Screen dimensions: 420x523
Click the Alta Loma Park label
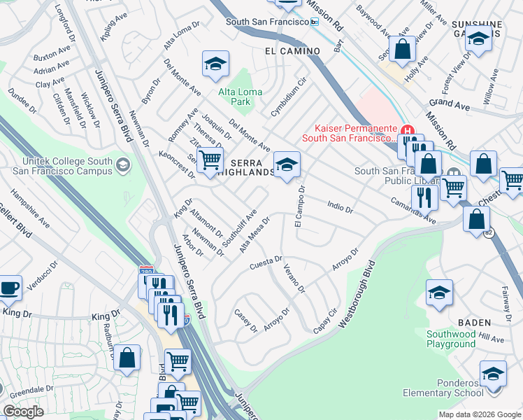coord(240,97)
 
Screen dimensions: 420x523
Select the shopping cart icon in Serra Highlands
coord(210,161)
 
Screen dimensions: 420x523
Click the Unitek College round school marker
coord(123,165)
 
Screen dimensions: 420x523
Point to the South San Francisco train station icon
coord(315,22)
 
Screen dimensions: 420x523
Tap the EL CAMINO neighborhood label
coord(292,51)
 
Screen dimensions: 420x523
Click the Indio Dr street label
coord(340,205)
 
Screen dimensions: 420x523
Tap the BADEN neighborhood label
coord(474,322)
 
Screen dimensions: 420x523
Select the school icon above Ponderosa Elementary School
coord(493,373)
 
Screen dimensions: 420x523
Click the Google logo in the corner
coord(23,411)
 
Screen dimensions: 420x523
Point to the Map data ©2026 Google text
coord(479,414)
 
